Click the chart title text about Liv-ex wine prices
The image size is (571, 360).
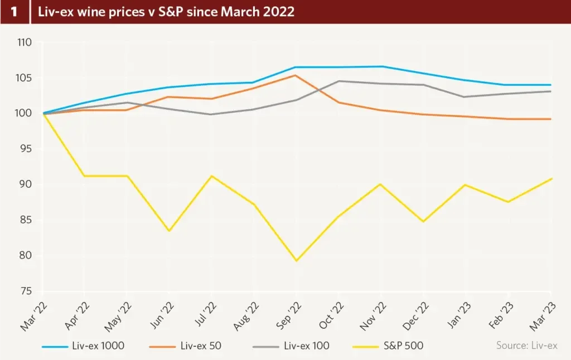[166, 11]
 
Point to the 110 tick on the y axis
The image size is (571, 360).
[25, 42]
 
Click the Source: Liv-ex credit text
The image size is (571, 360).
[526, 346]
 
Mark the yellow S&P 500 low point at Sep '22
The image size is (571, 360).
[297, 261]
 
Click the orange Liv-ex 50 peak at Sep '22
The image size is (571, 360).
[296, 75]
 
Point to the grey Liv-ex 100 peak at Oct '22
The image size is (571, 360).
[338, 81]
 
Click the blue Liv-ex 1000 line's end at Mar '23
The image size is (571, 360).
[550, 85]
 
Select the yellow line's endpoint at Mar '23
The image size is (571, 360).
[550, 178]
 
